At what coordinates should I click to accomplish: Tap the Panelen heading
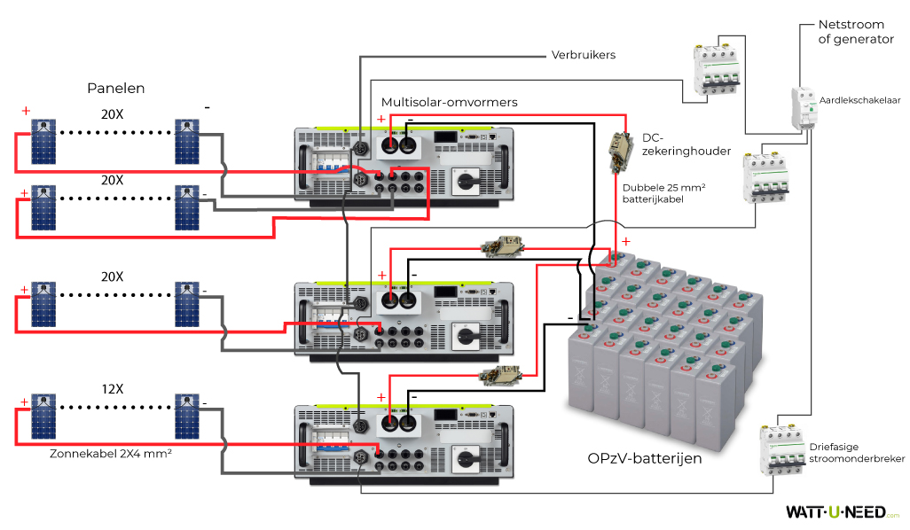pyautogui.click(x=115, y=88)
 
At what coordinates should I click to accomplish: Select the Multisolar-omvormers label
pyautogui.click(x=449, y=103)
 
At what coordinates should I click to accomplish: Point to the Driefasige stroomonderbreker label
pyautogui.click(x=857, y=453)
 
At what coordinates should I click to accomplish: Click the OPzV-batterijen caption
pyautogui.click(x=645, y=458)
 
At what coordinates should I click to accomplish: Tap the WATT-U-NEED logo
pyautogui.click(x=842, y=511)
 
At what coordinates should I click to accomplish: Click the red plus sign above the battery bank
pyautogui.click(x=626, y=241)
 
